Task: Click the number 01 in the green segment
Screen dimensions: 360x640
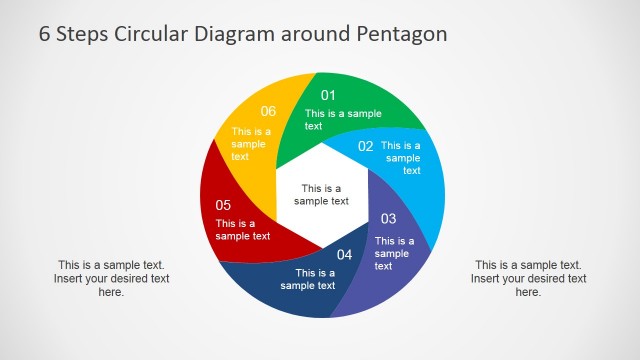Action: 327,96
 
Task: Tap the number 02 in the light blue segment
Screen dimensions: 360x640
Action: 365,146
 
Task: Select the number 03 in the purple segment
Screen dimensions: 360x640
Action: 388,219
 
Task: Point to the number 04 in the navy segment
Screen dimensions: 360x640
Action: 344,255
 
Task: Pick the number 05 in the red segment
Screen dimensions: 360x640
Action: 223,205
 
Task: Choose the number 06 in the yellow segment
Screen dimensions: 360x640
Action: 268,111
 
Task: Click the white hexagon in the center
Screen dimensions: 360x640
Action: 321,194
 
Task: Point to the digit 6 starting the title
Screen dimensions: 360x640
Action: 45,34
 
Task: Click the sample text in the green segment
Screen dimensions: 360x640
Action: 342,120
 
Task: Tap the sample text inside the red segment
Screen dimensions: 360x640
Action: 242,230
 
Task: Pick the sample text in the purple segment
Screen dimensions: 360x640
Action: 393,253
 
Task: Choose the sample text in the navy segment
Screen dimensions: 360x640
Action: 308,279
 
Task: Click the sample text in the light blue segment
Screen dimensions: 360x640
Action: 402,158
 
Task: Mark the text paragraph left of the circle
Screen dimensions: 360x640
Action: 111,278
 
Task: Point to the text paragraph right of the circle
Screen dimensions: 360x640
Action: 527,278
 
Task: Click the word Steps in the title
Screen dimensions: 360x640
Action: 86,34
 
